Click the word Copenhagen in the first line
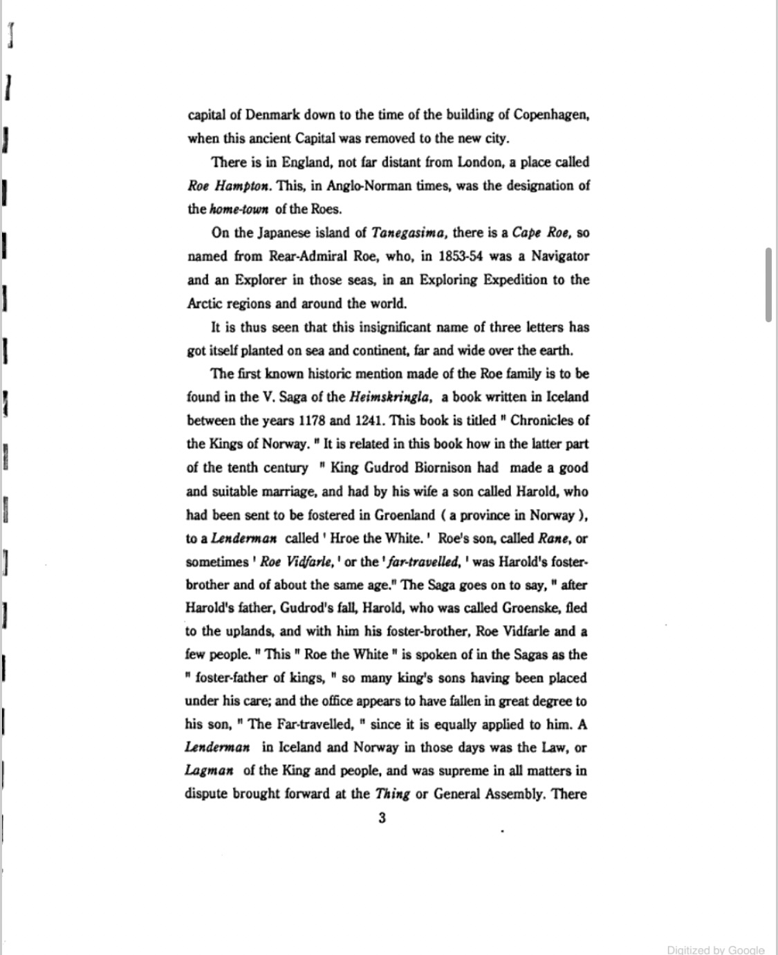coord(550,115)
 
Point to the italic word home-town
coord(239,210)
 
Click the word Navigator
coord(560,257)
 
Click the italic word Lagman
coord(209,770)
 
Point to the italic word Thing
coord(392,794)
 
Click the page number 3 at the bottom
coord(382,818)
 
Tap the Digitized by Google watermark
coord(716,949)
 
